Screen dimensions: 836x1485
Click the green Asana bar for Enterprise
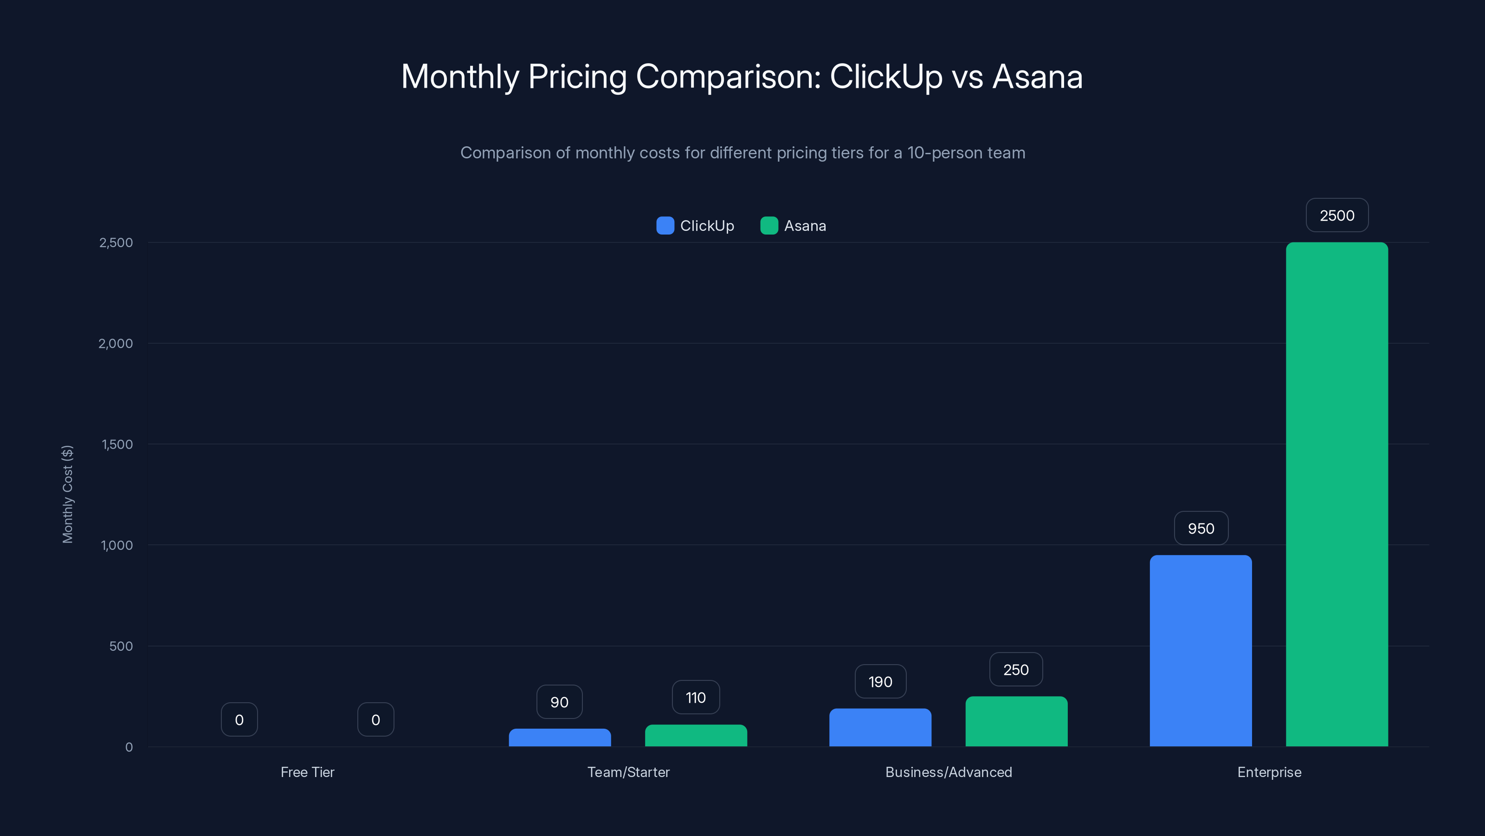pos(1336,494)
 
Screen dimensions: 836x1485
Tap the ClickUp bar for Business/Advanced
pos(880,727)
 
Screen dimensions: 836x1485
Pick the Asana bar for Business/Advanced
pos(1016,721)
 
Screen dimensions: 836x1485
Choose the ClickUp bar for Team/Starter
pos(560,738)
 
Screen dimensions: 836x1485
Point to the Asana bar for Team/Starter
pos(696,735)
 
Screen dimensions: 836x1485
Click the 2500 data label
pos(1337,215)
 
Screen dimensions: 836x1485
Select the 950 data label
pos(1201,528)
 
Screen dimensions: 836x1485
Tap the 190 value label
pos(880,681)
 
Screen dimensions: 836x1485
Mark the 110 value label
pos(696,697)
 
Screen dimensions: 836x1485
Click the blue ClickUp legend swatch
pos(665,226)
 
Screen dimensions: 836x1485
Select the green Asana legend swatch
pos(769,226)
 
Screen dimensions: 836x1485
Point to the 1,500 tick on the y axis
pos(117,444)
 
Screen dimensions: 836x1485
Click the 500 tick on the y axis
pos(121,646)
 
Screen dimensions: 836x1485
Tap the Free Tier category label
pos(307,772)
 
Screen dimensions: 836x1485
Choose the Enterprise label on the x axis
pos(1269,772)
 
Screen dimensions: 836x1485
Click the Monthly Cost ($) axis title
pos(67,494)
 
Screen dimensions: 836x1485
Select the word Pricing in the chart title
pos(577,76)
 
